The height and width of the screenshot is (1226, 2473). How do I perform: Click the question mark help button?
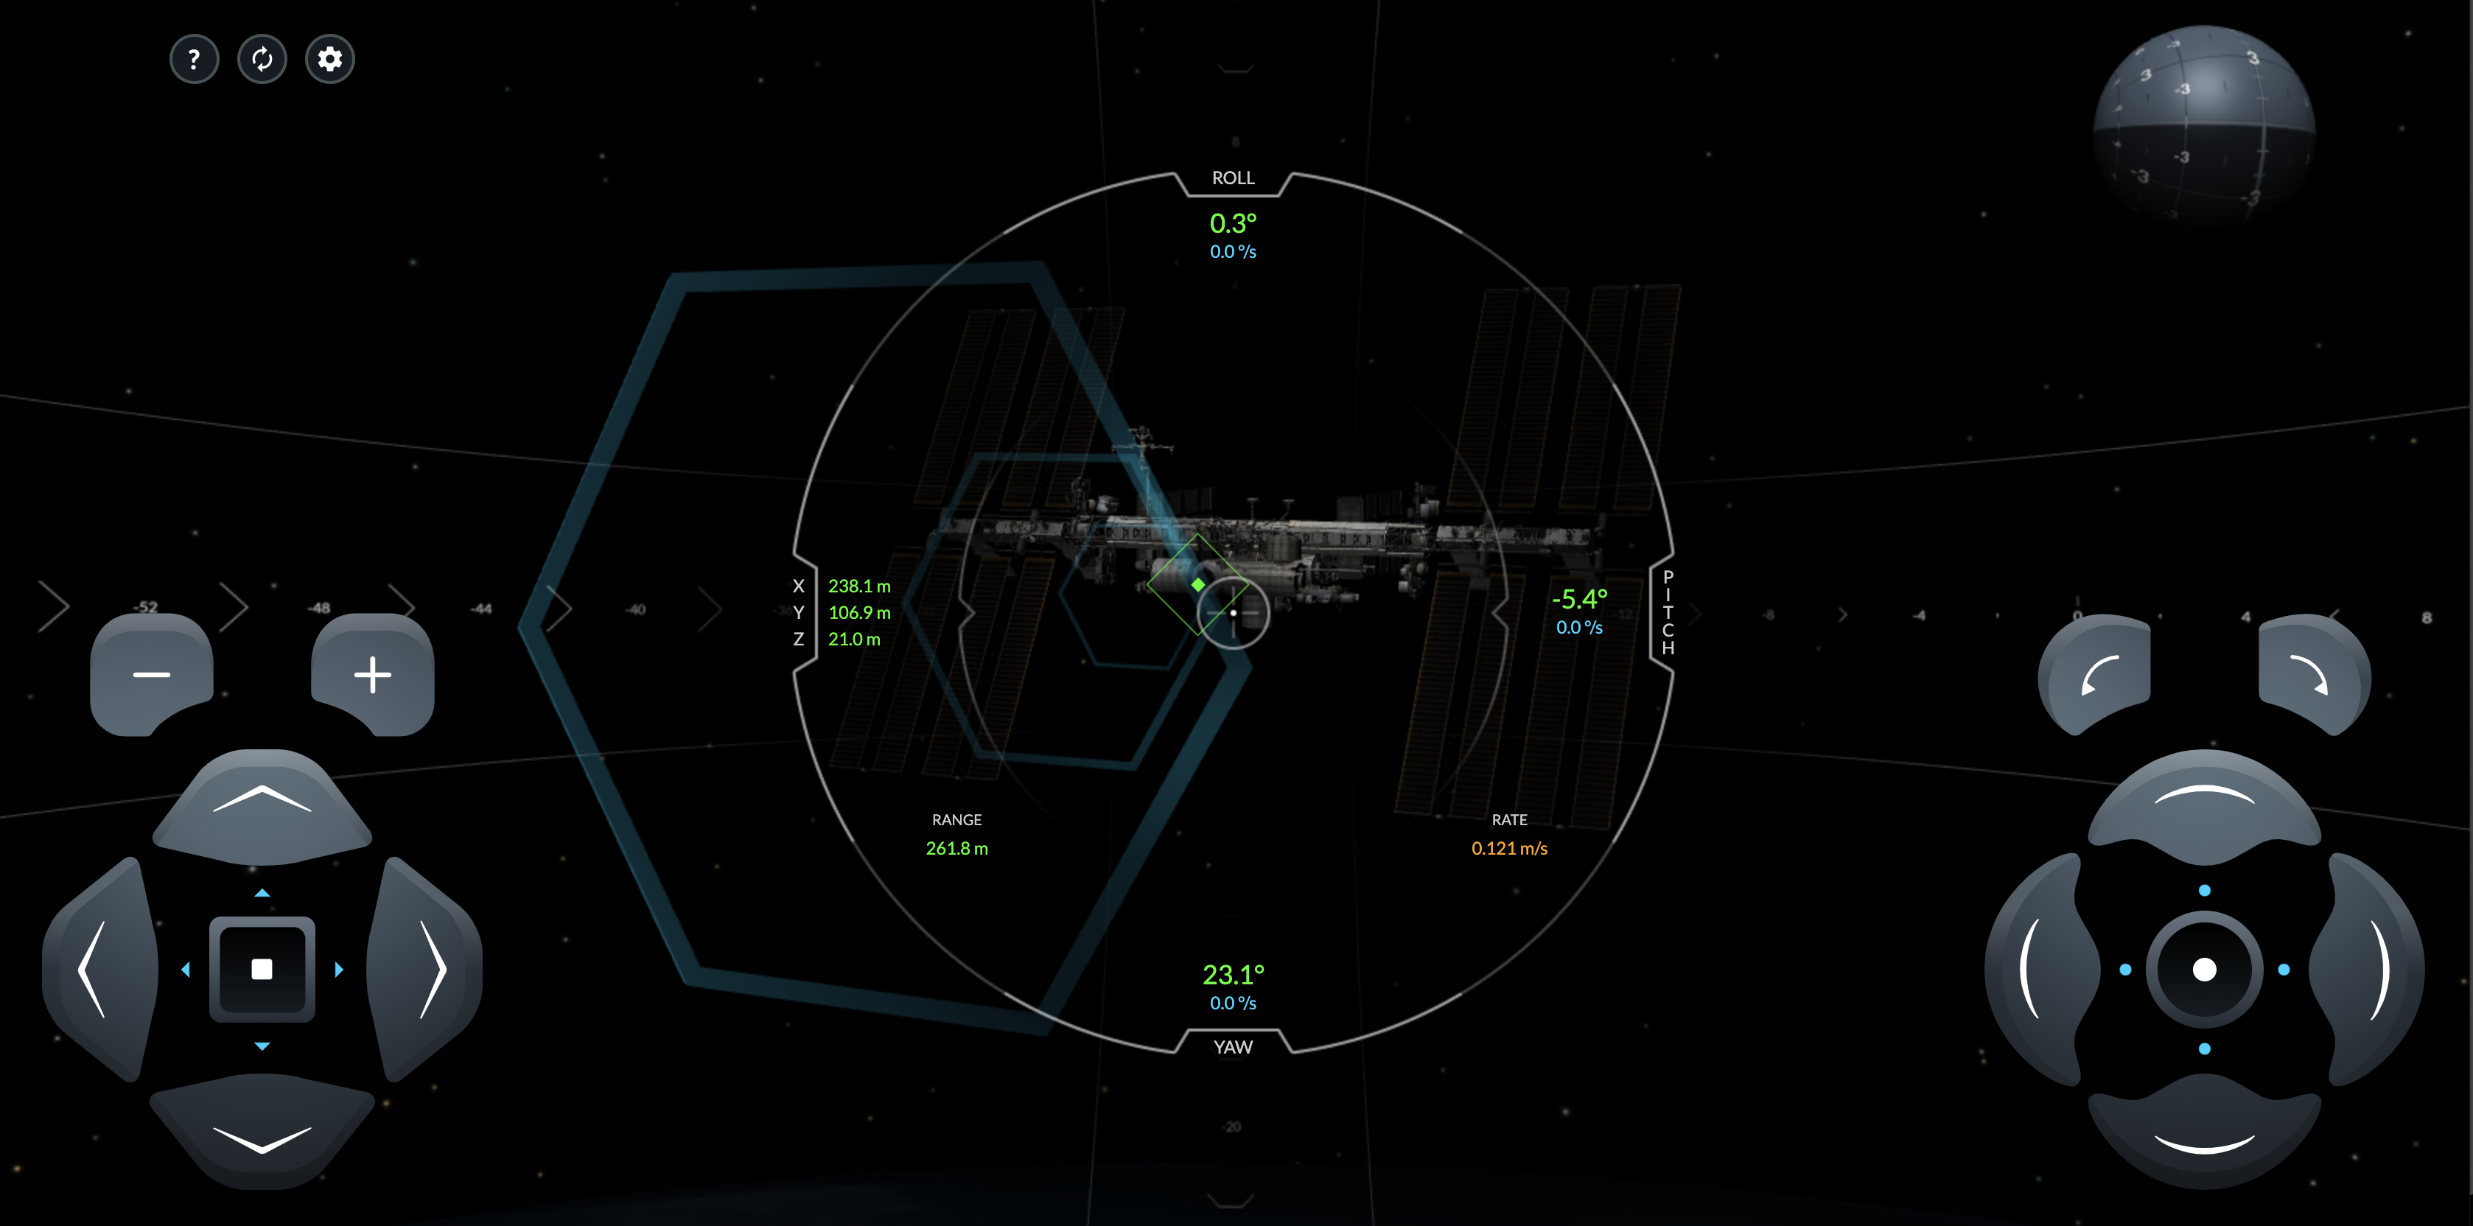click(x=194, y=60)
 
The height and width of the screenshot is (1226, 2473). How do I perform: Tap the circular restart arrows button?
click(x=262, y=60)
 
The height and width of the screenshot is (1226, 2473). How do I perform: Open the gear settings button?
click(x=329, y=60)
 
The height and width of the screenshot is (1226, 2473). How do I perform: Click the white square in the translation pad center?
click(x=262, y=969)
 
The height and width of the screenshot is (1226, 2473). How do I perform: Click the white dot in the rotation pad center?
click(x=2204, y=970)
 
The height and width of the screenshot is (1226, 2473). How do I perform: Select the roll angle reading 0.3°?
click(x=1233, y=224)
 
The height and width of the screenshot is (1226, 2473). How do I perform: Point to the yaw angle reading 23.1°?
click(x=1233, y=975)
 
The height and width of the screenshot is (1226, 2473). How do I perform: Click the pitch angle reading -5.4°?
click(x=1579, y=599)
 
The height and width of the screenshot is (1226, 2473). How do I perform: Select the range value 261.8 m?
click(x=956, y=848)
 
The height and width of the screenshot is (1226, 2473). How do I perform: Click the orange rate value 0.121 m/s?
click(x=1509, y=848)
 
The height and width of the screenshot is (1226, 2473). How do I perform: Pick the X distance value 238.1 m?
click(x=859, y=586)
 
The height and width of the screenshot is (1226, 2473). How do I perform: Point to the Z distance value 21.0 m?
click(x=853, y=639)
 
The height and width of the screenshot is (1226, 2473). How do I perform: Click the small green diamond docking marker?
click(x=1198, y=585)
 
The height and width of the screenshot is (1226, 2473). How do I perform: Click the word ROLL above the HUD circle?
click(x=1233, y=178)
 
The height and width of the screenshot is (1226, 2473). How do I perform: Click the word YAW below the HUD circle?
click(x=1233, y=1046)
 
